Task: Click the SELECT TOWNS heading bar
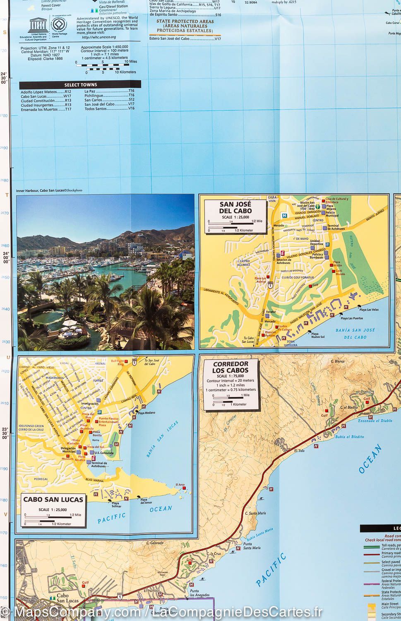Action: (x=80, y=84)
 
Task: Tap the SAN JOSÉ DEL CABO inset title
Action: (x=236, y=207)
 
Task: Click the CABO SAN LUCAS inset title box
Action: (x=53, y=500)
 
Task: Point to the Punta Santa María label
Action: (x=252, y=546)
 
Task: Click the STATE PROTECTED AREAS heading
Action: (x=185, y=26)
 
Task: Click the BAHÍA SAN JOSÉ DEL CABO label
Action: (x=356, y=333)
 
